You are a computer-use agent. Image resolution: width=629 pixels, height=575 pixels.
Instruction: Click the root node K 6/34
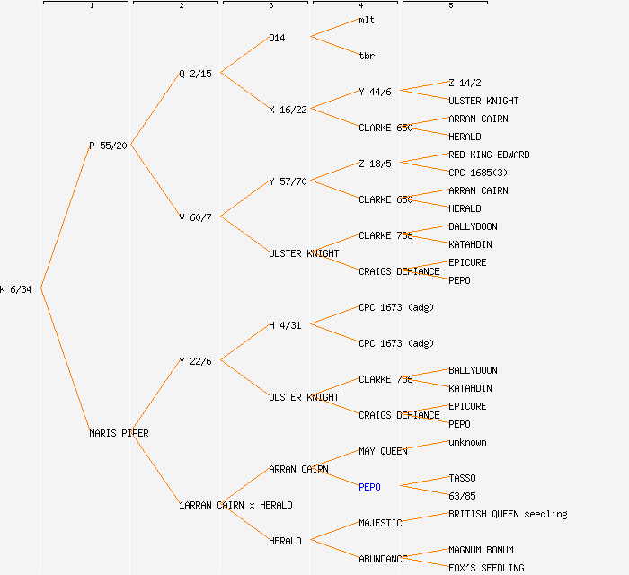[15, 289]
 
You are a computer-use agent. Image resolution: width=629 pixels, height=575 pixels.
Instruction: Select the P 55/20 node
[108, 146]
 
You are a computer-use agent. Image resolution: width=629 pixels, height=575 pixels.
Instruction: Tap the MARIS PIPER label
[119, 433]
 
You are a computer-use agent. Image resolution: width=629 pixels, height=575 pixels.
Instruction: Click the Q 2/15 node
[195, 74]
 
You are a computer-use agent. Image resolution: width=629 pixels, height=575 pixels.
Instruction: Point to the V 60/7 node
[195, 217]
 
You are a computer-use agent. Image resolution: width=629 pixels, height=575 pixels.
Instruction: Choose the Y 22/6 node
[195, 361]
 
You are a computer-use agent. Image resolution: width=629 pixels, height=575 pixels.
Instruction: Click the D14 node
[277, 38]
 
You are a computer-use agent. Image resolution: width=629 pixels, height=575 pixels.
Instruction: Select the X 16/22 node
[288, 110]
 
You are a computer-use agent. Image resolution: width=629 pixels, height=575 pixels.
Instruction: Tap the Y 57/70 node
[288, 181]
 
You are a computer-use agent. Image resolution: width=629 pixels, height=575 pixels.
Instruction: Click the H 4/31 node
[285, 325]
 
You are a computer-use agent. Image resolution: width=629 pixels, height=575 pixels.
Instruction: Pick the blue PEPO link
[369, 487]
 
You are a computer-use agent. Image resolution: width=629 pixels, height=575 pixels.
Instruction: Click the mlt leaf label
[367, 20]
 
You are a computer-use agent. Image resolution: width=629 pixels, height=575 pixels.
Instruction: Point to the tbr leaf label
[367, 56]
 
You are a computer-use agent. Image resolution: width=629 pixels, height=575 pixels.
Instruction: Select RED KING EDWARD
[489, 155]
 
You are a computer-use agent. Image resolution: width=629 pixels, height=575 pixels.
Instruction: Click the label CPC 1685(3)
[478, 172]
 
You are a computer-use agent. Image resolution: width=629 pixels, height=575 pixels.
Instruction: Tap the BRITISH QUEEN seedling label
[508, 514]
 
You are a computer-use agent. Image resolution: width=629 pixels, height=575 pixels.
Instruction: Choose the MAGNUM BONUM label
[481, 550]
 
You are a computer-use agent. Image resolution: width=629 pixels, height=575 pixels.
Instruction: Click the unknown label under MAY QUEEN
[467, 442]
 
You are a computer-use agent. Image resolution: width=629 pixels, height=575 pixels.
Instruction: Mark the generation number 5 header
[451, 5]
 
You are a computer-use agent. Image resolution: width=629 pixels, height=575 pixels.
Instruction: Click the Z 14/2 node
[465, 83]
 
